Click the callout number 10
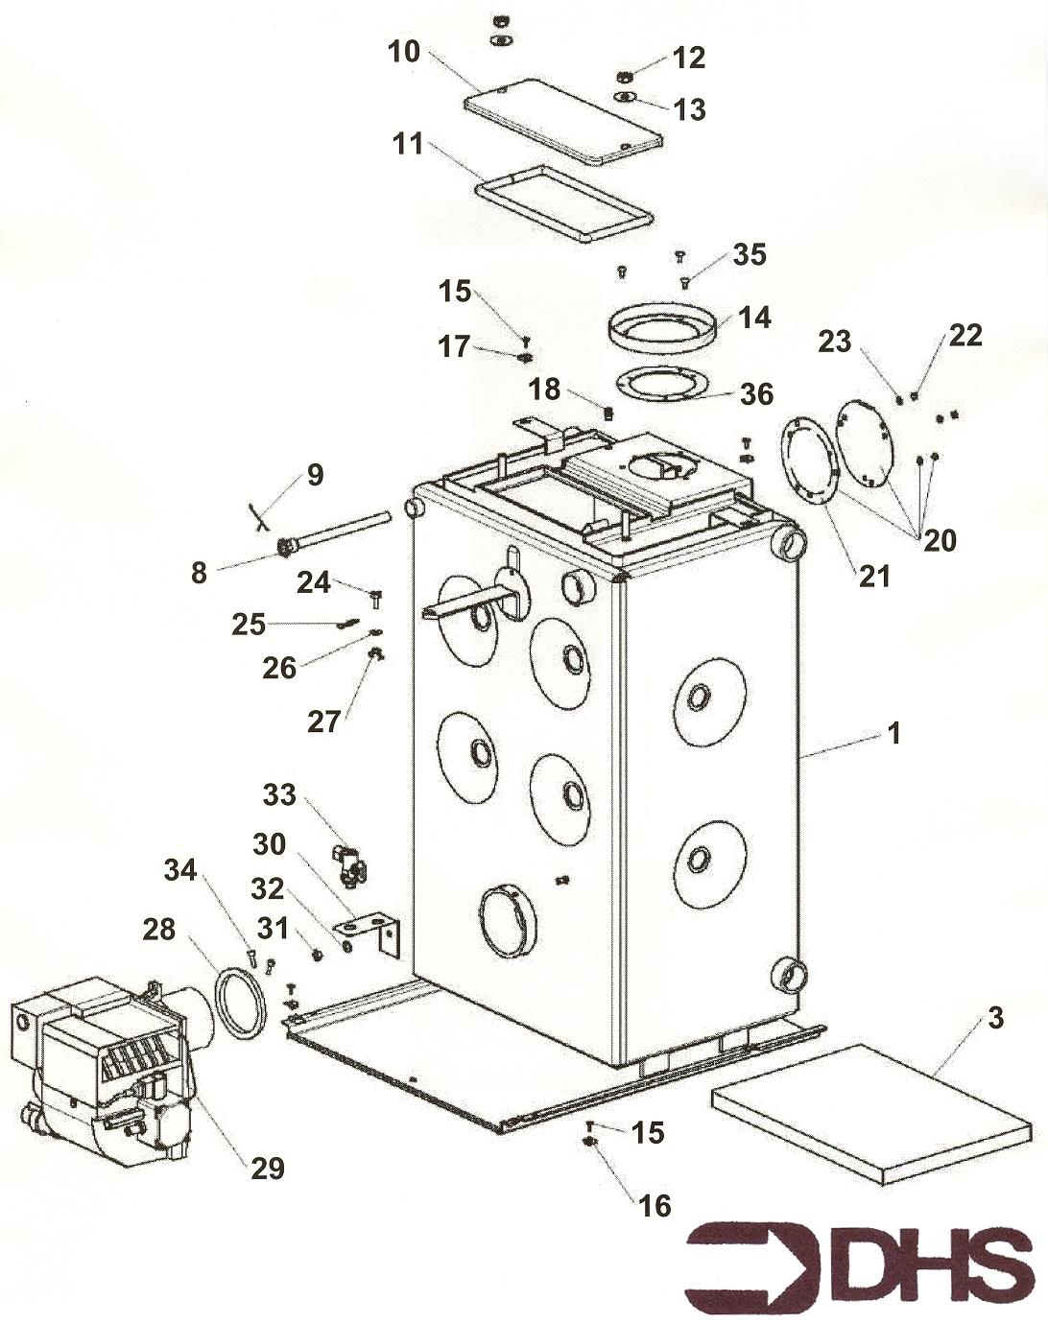tap(404, 51)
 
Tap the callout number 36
tap(756, 393)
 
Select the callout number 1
tap(894, 734)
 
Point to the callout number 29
tap(268, 1168)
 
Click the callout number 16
tap(655, 1205)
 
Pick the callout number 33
tap(279, 794)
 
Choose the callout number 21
tap(874, 576)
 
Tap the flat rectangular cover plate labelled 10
tap(563, 121)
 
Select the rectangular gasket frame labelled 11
tap(564, 203)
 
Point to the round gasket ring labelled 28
tap(241, 1004)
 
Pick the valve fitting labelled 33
tap(349, 863)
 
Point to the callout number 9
tap(315, 474)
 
